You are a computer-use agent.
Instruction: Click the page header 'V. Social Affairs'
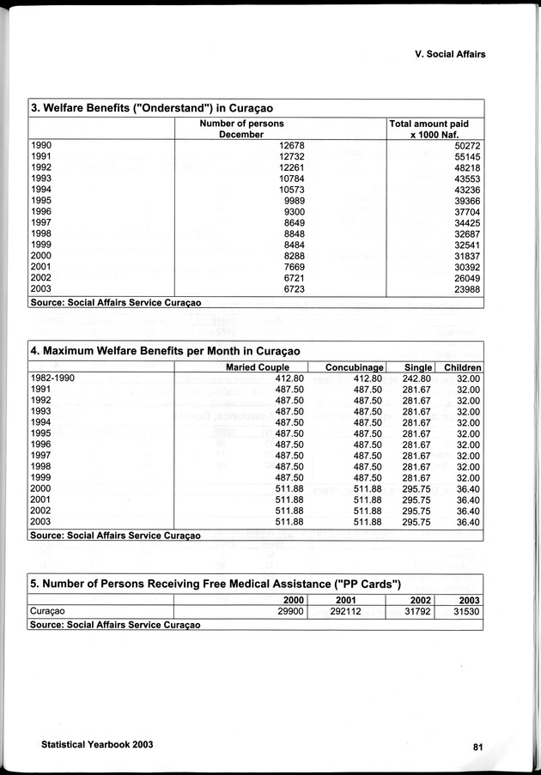[x=443, y=53]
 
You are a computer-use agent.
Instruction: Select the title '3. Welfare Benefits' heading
[x=157, y=108]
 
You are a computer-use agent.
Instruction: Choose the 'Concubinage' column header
[x=353, y=368]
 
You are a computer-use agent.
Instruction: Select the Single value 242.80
[x=416, y=378]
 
